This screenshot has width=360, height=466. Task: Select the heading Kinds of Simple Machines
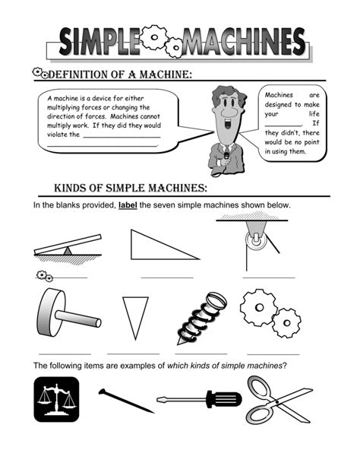130,189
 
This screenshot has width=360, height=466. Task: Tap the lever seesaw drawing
67,247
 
